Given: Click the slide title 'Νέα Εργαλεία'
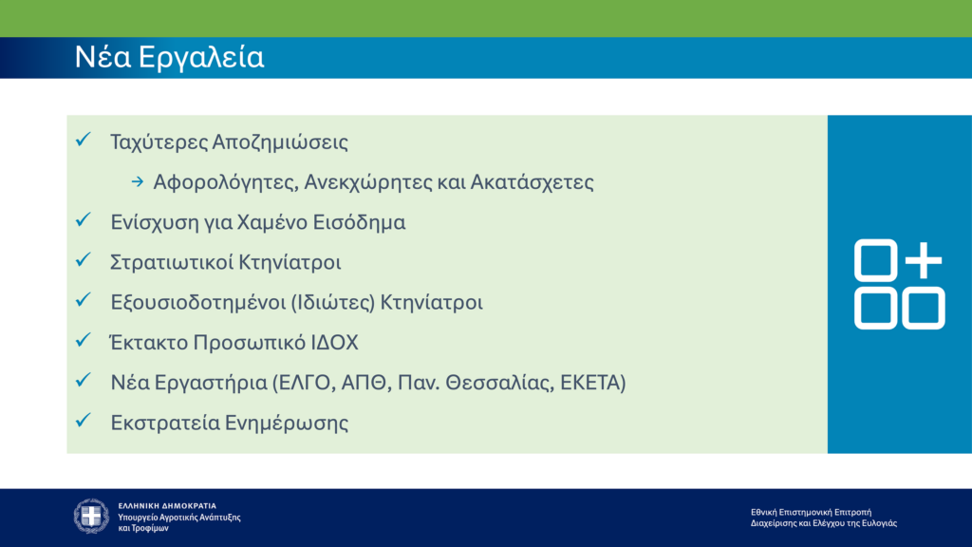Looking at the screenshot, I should pyautogui.click(x=169, y=58).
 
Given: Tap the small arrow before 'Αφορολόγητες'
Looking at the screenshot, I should pyautogui.click(x=137, y=181).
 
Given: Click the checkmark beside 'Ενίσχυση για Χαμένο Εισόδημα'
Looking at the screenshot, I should pyautogui.click(x=83, y=220).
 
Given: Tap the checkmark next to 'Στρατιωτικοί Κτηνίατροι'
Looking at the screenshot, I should pyautogui.click(x=83, y=260).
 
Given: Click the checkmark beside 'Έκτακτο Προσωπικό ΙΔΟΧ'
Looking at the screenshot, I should pyautogui.click(x=83, y=340).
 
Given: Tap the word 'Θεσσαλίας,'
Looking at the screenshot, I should pyautogui.click(x=504, y=383).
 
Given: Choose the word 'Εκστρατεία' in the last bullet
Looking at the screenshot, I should pyautogui.click(x=163, y=424).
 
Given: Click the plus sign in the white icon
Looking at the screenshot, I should pyautogui.click(x=923, y=260).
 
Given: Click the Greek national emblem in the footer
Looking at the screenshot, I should pyautogui.click(x=92, y=516).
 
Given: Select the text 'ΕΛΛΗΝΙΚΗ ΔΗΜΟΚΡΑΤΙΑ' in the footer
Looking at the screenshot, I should pyautogui.click(x=167, y=505).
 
